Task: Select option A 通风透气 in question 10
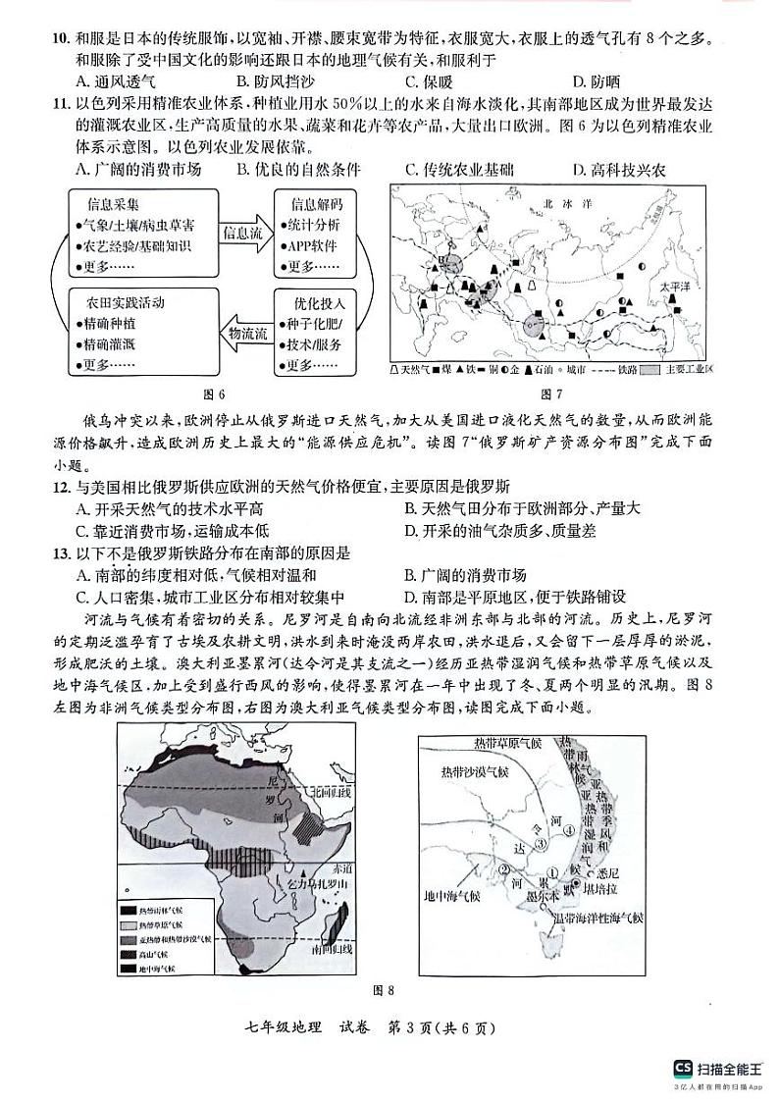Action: pos(115,82)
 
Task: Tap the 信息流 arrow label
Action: pos(242,234)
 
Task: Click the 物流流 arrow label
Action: pos(247,335)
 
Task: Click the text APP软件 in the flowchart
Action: pos(313,246)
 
